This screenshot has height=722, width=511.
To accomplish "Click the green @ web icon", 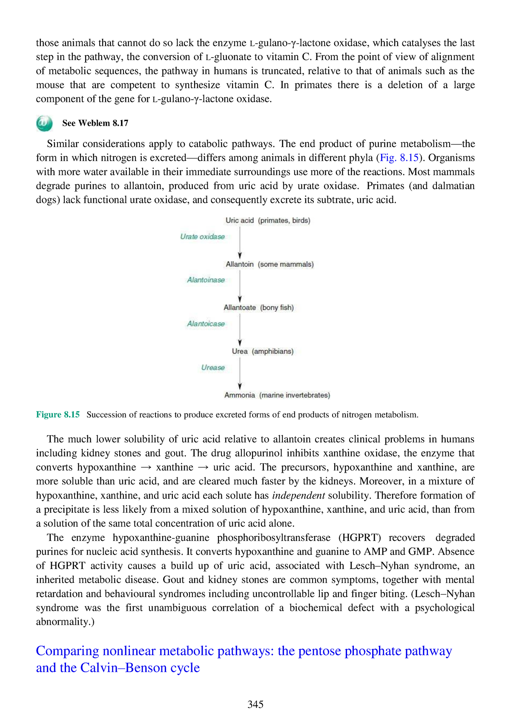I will pyautogui.click(x=44, y=123).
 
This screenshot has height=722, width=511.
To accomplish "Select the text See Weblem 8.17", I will pyautogui.click(x=95, y=123).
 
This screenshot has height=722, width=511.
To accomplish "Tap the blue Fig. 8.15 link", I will pyautogui.click(x=399, y=158).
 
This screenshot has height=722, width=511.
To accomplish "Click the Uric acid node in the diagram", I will pyautogui.click(x=239, y=220).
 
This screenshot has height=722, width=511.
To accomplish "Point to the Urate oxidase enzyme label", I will pyautogui.click(x=202, y=237).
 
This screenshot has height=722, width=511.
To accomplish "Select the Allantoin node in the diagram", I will pyautogui.click(x=239, y=264).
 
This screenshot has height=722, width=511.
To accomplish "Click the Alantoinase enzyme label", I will pyautogui.click(x=206, y=280).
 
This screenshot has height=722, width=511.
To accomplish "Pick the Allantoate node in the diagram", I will pyautogui.click(x=240, y=308).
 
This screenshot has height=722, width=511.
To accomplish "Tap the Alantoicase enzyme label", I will pyautogui.click(x=206, y=324).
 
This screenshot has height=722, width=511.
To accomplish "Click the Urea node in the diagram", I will pyautogui.click(x=240, y=352).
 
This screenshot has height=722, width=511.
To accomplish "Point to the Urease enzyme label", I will pyautogui.click(x=213, y=367).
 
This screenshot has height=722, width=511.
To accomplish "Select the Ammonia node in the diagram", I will pyautogui.click(x=239, y=395).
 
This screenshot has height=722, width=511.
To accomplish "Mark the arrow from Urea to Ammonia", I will pyautogui.click(x=240, y=373).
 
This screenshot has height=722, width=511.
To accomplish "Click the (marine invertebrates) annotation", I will pyautogui.click(x=295, y=395).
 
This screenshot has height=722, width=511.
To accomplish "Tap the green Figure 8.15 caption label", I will pyautogui.click(x=57, y=415).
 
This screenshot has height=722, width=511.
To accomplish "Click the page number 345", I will pyautogui.click(x=255, y=705).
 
